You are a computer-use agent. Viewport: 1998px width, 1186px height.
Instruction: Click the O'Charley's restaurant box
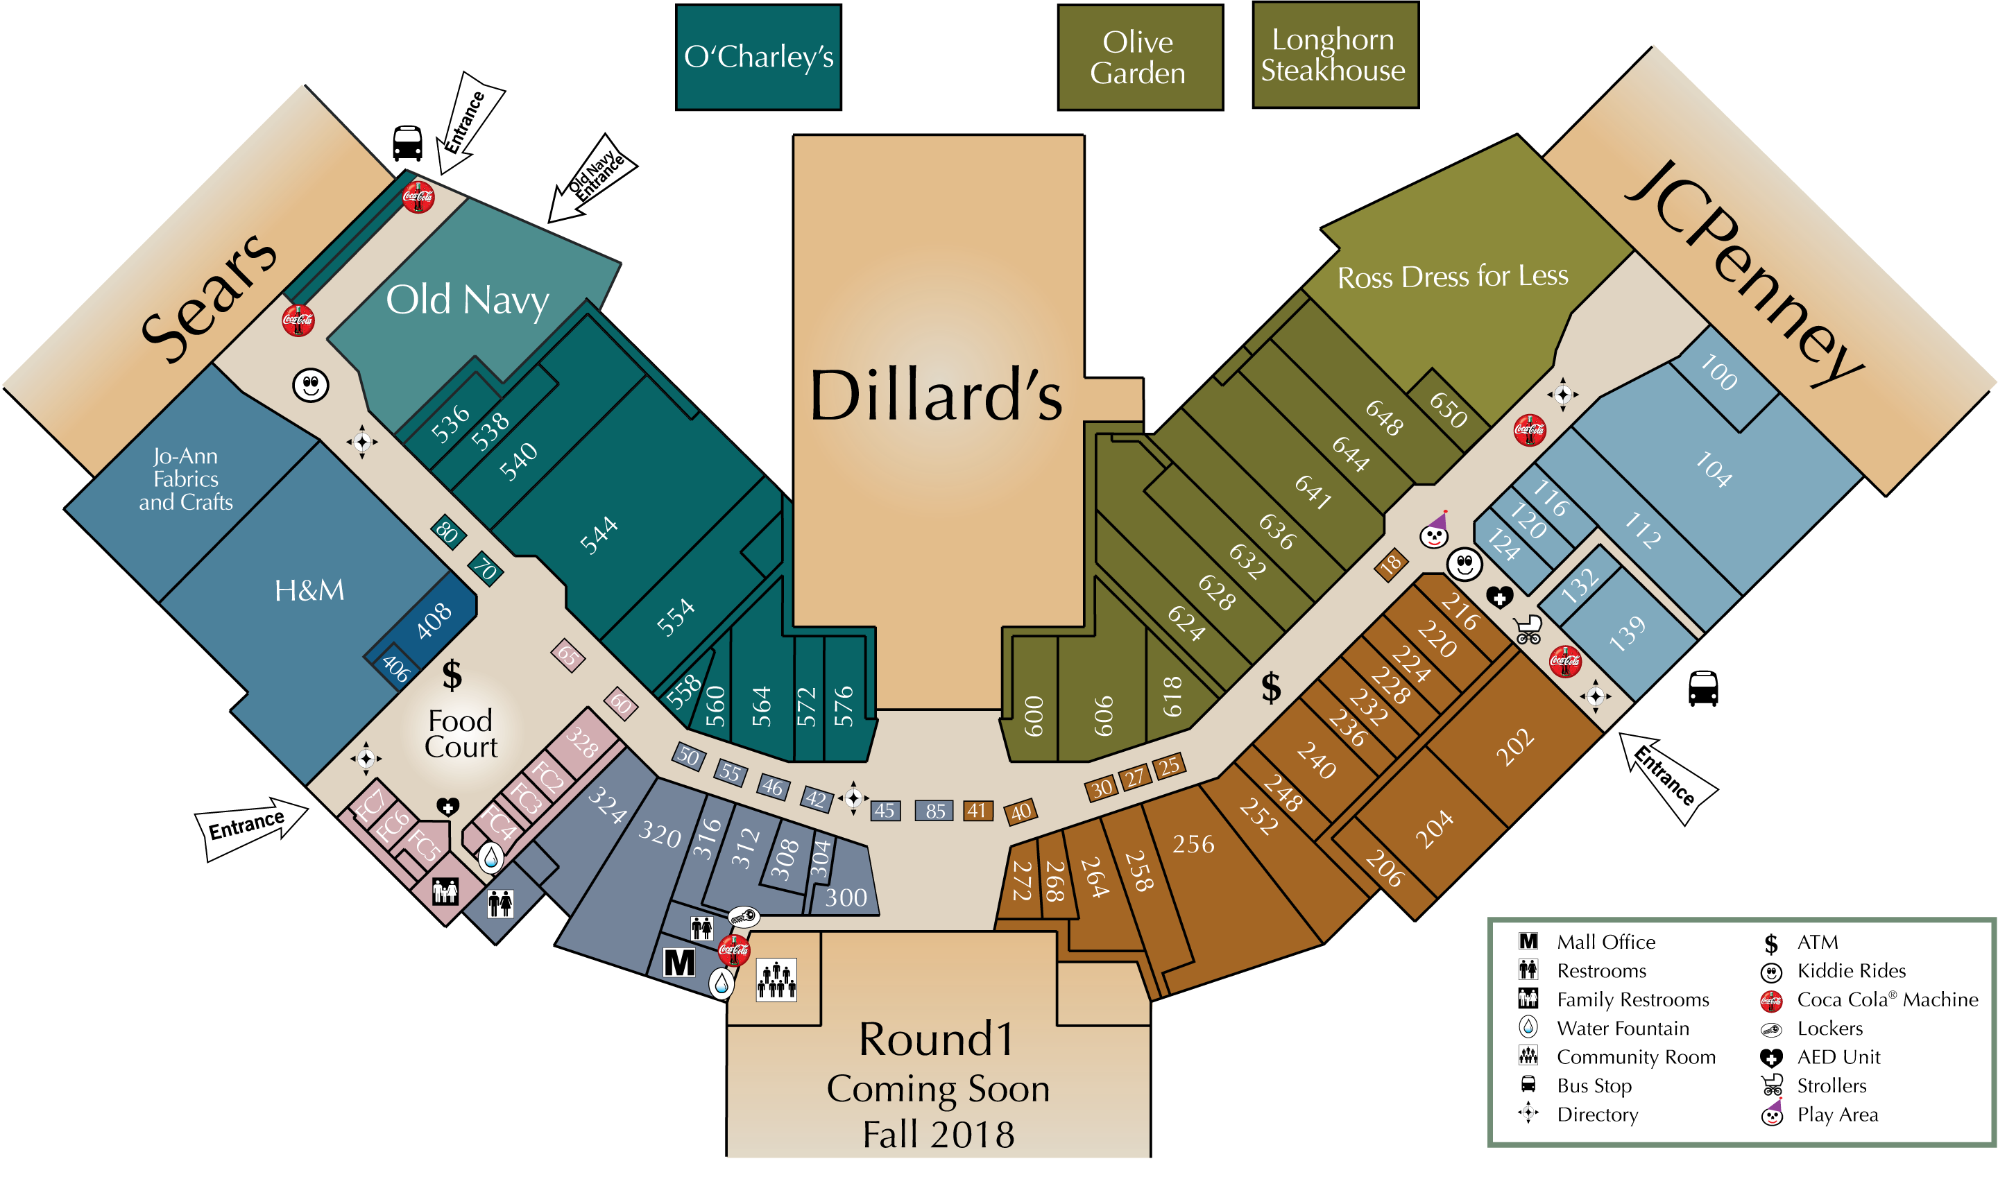point(758,57)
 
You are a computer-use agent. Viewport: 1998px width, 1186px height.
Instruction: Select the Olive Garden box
point(1139,57)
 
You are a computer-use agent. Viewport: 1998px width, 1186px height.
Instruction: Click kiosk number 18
point(1390,565)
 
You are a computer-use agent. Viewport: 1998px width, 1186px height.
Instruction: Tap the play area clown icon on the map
point(1434,531)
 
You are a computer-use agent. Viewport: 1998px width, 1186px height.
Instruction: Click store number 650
point(1448,409)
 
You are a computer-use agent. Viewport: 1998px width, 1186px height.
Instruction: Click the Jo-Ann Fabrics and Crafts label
point(185,479)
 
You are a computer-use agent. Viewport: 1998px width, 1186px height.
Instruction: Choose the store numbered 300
point(846,897)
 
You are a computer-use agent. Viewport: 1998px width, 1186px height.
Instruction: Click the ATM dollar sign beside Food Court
point(452,676)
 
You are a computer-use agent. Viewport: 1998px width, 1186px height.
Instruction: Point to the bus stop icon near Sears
point(408,143)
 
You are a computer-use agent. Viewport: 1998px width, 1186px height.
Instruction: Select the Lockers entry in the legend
point(1829,1029)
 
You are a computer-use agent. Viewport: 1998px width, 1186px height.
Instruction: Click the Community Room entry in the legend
point(1635,1057)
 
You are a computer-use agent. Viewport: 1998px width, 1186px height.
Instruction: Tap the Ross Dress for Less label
point(1452,277)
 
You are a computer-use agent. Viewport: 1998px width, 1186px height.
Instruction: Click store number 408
point(434,620)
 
